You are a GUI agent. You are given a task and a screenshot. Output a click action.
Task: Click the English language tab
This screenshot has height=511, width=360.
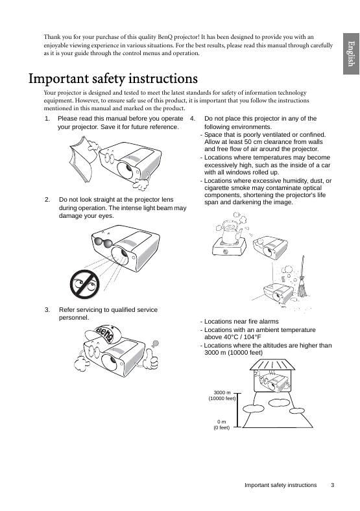click(x=351, y=53)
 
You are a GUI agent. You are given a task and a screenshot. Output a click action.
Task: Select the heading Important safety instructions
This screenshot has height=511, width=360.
click(x=113, y=78)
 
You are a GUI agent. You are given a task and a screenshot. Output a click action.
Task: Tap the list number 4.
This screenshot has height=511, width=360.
click(x=193, y=119)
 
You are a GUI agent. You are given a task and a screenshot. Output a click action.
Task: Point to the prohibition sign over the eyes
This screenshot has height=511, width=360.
click(x=84, y=284)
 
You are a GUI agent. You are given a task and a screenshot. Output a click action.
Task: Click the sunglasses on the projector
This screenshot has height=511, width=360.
click(x=103, y=242)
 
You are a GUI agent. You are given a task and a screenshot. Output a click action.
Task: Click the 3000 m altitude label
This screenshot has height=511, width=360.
click(x=222, y=392)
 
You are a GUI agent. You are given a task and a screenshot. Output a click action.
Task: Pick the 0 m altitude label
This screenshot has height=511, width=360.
click(x=221, y=422)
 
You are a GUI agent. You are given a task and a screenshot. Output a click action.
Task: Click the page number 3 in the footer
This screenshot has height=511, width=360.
click(x=333, y=485)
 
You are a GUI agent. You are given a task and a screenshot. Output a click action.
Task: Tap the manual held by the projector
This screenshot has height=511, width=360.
click(x=83, y=159)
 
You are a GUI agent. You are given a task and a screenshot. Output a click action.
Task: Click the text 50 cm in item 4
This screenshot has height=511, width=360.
click(x=253, y=142)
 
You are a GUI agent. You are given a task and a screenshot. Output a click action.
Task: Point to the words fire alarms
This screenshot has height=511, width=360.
click(x=262, y=322)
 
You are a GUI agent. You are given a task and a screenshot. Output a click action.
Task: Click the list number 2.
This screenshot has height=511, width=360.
click(x=47, y=200)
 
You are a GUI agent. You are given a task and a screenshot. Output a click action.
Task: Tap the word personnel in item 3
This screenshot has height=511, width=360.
click(x=74, y=318)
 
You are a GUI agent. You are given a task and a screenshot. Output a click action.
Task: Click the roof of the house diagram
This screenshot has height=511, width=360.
click(x=272, y=364)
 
